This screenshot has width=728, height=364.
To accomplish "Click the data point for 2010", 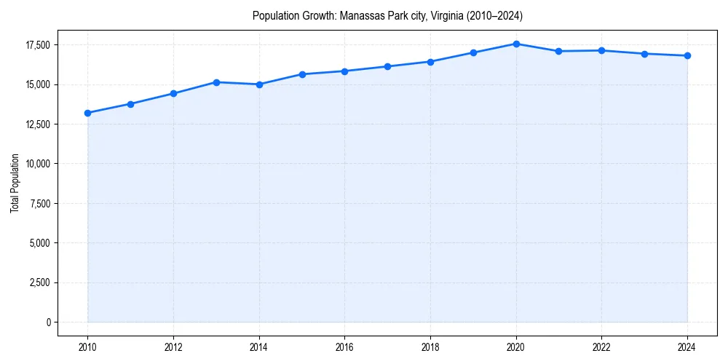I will click(87, 113).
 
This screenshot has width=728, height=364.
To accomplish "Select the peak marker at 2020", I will click(516, 44).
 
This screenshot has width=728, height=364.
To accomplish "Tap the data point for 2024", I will click(687, 55).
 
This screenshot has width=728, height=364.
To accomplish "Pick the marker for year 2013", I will click(216, 82).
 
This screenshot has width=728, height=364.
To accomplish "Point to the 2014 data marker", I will click(259, 84).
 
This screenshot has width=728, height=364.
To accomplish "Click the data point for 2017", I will click(387, 66).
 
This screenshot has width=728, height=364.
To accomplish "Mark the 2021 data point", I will click(558, 51).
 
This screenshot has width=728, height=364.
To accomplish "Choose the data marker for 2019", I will click(473, 52).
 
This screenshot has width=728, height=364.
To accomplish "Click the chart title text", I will click(387, 15).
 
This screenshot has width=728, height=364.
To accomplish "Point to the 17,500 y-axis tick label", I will click(37, 45).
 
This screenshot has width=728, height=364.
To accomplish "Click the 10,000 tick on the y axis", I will click(37, 164).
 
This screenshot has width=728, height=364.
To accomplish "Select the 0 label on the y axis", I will click(48, 322).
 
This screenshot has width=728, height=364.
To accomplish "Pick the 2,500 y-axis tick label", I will click(39, 282).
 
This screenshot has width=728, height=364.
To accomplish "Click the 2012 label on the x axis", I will click(173, 347).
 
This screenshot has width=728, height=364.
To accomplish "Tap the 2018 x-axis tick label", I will click(430, 347).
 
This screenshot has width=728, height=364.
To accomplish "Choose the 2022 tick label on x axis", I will click(601, 347).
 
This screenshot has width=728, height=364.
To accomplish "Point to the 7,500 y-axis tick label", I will click(39, 203).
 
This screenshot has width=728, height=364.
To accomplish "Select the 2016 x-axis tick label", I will click(344, 347).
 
